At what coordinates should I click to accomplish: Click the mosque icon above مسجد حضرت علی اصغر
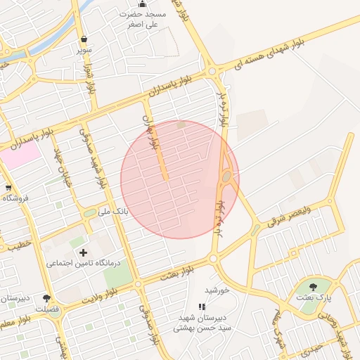(142, 4)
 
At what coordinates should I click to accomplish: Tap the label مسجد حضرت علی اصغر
(143, 19)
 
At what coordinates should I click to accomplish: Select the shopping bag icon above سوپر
(84, 39)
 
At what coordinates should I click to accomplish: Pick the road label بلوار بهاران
(148, 131)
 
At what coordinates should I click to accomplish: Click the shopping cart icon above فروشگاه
(8, 188)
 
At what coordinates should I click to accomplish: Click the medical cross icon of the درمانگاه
(84, 252)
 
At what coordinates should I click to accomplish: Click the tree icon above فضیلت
(46, 298)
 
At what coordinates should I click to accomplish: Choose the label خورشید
(217, 290)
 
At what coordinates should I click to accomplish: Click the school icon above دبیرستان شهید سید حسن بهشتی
(202, 307)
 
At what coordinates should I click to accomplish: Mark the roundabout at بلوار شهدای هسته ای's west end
(212, 70)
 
